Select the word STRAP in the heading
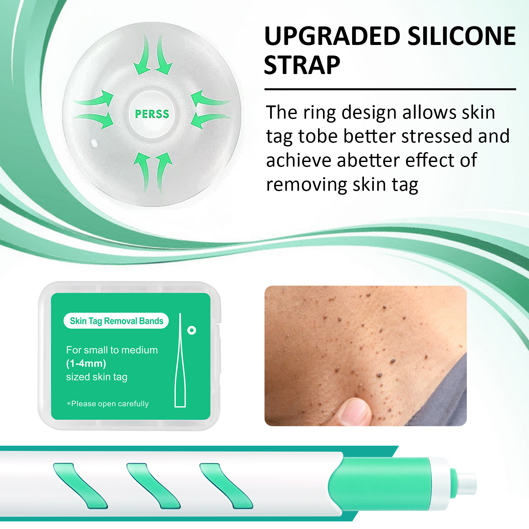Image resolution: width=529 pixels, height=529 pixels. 302,65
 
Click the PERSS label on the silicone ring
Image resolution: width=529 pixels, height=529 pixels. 152,114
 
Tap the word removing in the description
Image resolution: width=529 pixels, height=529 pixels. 306,185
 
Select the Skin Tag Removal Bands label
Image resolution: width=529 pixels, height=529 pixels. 116,321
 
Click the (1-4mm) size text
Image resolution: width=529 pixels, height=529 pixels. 86,363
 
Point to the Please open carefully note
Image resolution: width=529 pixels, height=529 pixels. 108,404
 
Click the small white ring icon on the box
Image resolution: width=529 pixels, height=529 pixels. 192,330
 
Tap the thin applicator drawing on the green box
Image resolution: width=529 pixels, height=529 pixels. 180,360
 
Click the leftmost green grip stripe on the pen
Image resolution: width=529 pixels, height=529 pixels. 80,485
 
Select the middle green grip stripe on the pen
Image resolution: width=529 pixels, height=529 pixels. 153,485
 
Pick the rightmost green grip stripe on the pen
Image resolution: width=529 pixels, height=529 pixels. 226,485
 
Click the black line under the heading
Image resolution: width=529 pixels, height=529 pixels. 390,89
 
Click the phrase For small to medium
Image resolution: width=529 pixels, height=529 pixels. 112,350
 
